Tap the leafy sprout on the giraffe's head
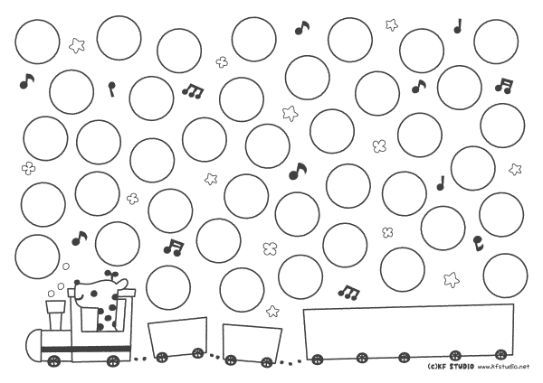[x=111, y=274]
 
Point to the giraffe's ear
[x=122, y=283]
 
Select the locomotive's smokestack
[x=55, y=314]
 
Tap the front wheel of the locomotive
[x=54, y=361]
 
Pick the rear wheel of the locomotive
[x=113, y=361]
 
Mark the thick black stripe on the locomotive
[x=86, y=349]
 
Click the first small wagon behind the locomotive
[x=178, y=336]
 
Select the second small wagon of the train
[x=252, y=343]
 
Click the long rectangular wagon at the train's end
[x=409, y=332]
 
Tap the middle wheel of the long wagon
[x=404, y=358]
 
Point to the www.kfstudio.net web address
[x=504, y=367]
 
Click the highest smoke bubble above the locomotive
[x=65, y=266]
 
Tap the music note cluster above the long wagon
[x=349, y=293]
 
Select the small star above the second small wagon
[x=272, y=311]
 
